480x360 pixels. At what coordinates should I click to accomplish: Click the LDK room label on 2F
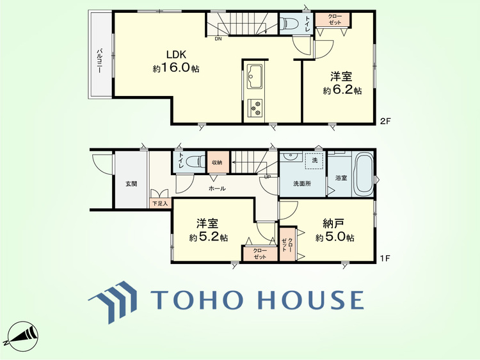click(176, 54)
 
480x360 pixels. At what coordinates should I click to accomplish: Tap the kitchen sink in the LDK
click(254, 76)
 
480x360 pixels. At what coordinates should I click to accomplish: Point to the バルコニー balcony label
click(99, 61)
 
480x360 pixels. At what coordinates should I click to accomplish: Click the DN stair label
click(218, 38)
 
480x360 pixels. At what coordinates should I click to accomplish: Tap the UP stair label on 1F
click(267, 176)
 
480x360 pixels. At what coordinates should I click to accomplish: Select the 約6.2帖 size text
click(342, 90)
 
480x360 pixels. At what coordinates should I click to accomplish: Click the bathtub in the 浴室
click(363, 175)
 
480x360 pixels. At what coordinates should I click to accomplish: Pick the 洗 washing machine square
click(314, 160)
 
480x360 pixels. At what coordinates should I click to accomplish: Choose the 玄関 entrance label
click(131, 184)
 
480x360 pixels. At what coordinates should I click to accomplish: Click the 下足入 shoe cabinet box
click(160, 203)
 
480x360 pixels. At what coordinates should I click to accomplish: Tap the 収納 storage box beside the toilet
click(217, 162)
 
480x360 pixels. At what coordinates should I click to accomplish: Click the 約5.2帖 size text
click(208, 237)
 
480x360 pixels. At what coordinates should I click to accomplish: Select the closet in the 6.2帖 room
click(332, 19)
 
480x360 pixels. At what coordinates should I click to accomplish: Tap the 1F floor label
click(385, 258)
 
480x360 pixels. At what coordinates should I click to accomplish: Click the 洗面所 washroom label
click(302, 184)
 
